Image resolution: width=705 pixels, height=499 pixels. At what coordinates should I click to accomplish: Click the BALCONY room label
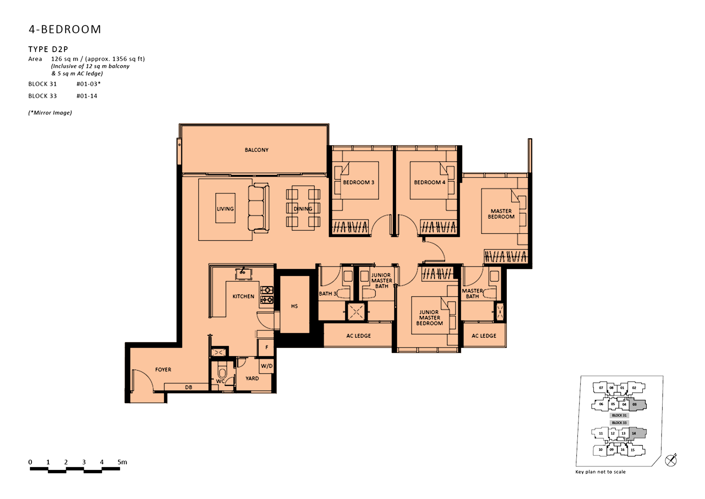pyautogui.click(x=256, y=150)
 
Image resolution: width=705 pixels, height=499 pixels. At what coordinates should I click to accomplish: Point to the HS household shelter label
pyautogui.click(x=294, y=306)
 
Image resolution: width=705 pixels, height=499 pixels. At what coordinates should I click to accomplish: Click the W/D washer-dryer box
pyautogui.click(x=266, y=366)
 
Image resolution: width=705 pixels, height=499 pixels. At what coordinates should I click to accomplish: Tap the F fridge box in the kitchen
pyautogui.click(x=266, y=347)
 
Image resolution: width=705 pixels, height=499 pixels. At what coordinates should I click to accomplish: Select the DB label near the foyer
pyautogui.click(x=189, y=387)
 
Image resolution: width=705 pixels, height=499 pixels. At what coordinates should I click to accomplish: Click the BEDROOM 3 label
pyautogui.click(x=358, y=182)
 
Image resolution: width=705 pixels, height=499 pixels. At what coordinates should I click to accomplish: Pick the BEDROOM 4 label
pyautogui.click(x=429, y=182)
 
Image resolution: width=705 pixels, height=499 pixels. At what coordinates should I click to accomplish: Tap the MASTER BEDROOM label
pyautogui.click(x=501, y=214)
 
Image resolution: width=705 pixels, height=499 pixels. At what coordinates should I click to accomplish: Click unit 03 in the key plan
pyautogui.click(x=634, y=404)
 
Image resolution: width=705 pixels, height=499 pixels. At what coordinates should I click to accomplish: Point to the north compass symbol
pyautogui.click(x=671, y=460)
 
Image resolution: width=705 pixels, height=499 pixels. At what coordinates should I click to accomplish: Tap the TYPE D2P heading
pyautogui.click(x=48, y=49)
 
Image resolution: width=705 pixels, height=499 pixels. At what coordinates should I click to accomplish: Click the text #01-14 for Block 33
pyautogui.click(x=87, y=96)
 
